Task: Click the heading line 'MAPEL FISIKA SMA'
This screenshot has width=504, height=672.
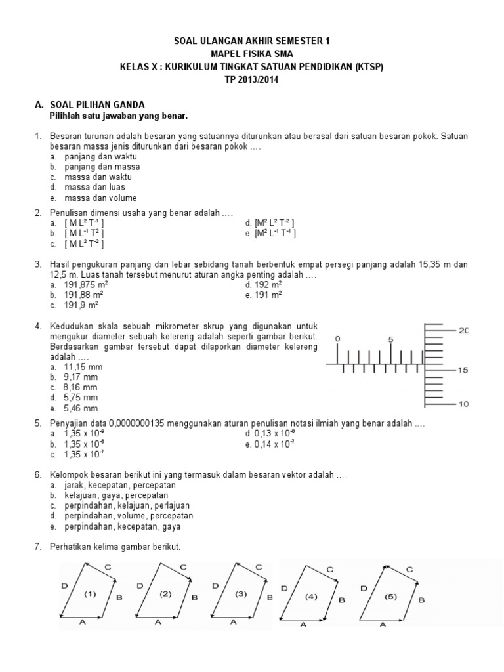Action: click(x=252, y=53)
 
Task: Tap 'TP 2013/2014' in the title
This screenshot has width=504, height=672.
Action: click(x=252, y=79)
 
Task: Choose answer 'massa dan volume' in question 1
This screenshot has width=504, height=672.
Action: click(x=100, y=198)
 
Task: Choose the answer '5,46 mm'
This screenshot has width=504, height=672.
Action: click(x=81, y=408)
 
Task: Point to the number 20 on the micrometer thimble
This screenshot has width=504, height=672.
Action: click(x=463, y=331)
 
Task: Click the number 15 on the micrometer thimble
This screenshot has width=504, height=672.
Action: click(x=463, y=370)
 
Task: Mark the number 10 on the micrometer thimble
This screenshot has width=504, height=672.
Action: click(x=463, y=404)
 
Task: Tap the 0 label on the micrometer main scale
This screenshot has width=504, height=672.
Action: click(x=337, y=339)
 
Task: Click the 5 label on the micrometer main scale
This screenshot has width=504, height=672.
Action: click(x=390, y=339)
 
